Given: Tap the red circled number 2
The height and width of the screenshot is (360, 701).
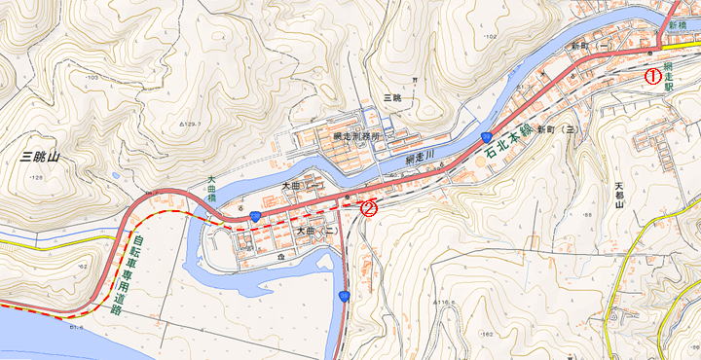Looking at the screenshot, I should coord(368,206).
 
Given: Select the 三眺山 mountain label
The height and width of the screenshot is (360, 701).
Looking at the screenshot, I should coord(40,156).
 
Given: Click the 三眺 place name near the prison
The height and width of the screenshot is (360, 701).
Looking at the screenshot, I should coord(392,98).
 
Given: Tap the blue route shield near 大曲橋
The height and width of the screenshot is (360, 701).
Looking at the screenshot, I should coord(255,215).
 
